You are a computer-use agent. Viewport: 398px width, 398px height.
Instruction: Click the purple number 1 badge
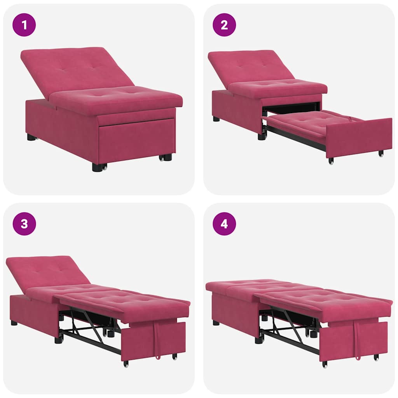coord(24,25)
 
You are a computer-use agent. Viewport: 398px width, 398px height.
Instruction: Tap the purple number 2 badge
coord(224,25)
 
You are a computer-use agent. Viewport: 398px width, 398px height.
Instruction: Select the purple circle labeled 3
coord(24,224)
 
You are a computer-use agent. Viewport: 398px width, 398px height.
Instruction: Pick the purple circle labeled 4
coord(224,224)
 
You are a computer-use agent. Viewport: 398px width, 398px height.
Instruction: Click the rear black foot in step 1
coord(31,137)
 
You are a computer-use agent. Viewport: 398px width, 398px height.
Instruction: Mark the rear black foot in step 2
coord(216,119)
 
